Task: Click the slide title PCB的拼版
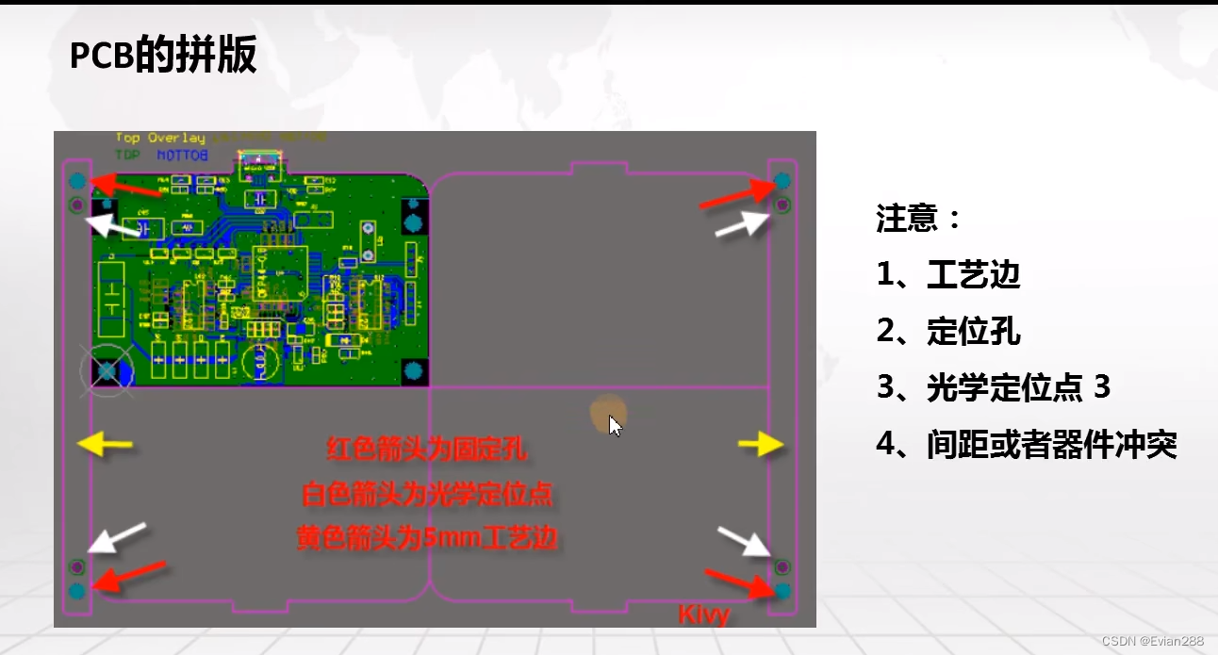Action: point(163,57)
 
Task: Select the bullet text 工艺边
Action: point(973,275)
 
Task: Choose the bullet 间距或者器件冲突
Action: point(1051,444)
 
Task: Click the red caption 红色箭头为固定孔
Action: point(426,450)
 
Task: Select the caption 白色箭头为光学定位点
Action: point(426,494)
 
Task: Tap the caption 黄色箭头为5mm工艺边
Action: point(426,538)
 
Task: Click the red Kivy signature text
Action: point(704,615)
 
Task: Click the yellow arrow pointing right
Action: point(761,444)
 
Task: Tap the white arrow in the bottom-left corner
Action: point(117,536)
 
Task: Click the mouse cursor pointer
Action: point(615,426)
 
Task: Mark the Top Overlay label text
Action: point(160,139)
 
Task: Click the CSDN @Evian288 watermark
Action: point(1152,641)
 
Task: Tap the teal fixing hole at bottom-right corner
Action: point(782,591)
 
